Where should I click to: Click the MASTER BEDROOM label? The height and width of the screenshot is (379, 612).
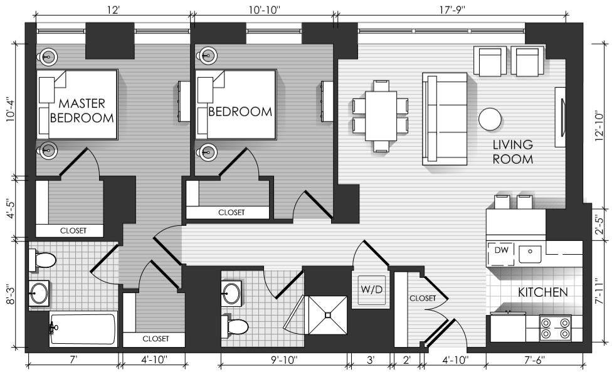click(82, 110)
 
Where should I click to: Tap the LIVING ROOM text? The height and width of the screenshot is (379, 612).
click(512, 152)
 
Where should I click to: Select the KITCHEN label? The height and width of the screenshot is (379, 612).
click(542, 292)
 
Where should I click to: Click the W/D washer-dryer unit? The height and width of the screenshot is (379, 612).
click(372, 290)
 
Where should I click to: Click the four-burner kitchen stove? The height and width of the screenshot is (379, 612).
click(556, 328)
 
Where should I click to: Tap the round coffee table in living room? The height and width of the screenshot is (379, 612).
click(490, 119)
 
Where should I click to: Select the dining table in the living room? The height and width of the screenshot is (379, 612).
click(381, 115)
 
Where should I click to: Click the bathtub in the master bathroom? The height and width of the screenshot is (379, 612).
click(83, 329)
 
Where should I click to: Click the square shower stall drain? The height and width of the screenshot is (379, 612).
click(328, 314)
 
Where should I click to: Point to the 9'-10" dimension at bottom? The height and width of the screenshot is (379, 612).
click(284, 360)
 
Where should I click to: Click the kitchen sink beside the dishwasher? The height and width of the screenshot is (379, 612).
click(530, 254)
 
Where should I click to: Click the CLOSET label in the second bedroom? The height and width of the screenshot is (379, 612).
click(231, 213)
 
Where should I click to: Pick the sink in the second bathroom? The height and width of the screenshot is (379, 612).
click(231, 294)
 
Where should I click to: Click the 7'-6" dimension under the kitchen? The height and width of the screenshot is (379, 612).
click(535, 360)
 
